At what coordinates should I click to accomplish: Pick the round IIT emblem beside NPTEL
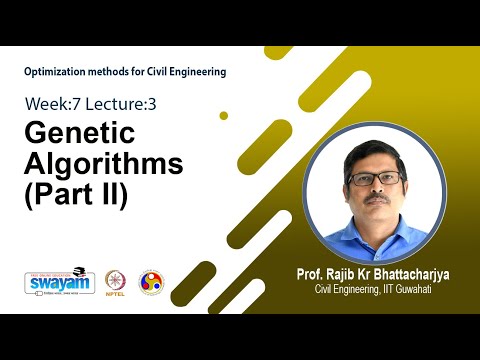[151, 281]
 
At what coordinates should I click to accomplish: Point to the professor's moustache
[377, 200]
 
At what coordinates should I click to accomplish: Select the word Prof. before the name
[310, 273]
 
